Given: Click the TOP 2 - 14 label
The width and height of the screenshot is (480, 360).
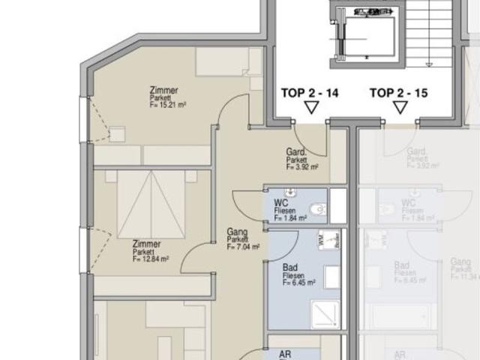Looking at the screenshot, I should [x=310, y=94].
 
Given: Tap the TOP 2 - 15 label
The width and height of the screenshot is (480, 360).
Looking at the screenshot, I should [x=399, y=94].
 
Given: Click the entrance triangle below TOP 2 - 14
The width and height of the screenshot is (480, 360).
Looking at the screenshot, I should [x=310, y=108].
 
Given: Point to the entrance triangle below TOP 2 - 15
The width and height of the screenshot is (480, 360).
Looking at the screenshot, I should [x=400, y=108].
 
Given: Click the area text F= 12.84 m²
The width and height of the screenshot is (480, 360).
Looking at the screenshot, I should [x=150, y=259].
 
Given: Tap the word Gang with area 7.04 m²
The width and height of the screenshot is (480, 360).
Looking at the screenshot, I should [x=237, y=232].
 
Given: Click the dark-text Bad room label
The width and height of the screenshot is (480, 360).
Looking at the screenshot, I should [x=291, y=267].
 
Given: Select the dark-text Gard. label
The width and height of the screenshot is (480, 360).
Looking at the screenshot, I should [x=296, y=152].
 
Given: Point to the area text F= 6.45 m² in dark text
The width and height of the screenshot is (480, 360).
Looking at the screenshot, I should [x=298, y=283].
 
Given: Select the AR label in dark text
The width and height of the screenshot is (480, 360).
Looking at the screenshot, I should [x=285, y=355].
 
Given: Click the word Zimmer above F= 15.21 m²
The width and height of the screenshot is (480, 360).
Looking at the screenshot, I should [x=163, y=90].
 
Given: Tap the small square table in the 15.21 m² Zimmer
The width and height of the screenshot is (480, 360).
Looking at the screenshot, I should [x=117, y=135].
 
